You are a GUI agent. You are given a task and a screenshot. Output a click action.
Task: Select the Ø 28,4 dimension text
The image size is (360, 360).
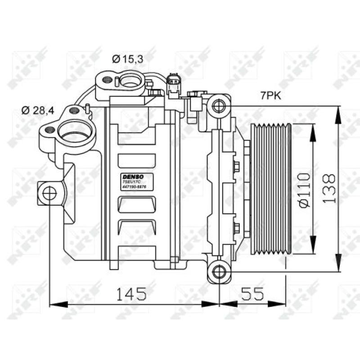coord(39,110)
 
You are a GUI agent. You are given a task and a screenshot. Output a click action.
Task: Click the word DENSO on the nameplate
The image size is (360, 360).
coord(131,176)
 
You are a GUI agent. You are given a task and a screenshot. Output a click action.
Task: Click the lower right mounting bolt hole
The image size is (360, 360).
coord(219,272)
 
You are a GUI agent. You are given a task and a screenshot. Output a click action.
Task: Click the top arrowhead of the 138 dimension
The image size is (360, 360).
coord(337,111)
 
